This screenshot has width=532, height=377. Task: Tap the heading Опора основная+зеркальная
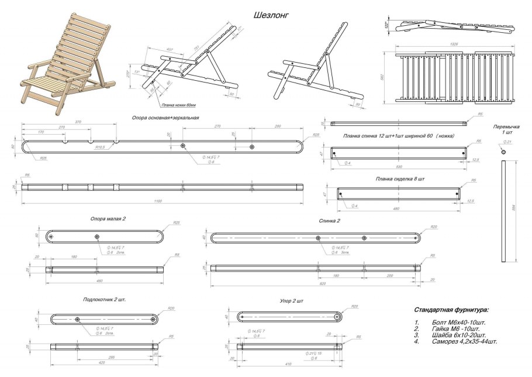[166, 118]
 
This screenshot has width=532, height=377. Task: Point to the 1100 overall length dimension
[157, 201]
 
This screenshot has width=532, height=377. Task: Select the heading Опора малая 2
[108, 218]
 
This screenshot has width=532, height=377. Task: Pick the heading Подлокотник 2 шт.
[105, 299]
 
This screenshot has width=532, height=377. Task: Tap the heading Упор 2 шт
[292, 301]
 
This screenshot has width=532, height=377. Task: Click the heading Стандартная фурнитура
[451, 309]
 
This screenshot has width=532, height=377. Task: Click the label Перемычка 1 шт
[506, 129]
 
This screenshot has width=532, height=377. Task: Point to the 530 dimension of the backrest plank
[400, 167]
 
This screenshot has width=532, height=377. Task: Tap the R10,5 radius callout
[101, 148]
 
